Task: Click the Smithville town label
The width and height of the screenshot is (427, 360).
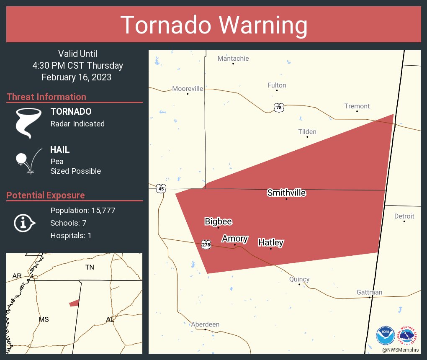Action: (286, 193)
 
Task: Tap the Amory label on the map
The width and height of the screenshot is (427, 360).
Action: (235, 239)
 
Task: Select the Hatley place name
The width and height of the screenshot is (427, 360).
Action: (271, 242)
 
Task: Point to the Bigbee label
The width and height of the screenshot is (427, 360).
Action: (218, 222)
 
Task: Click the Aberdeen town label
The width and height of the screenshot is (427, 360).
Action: (205, 324)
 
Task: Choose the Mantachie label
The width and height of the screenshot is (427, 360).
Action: (233, 59)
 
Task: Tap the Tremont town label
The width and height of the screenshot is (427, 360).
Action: (357, 106)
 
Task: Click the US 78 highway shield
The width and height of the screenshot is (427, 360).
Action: (279, 108)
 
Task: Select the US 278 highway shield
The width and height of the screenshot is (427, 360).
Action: (206, 244)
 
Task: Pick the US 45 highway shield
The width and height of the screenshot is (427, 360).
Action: (161, 189)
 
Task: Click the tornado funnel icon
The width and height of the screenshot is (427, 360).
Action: (28, 123)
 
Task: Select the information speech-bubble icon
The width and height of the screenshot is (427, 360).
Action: (25, 223)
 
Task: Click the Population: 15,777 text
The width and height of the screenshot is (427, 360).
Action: (82, 211)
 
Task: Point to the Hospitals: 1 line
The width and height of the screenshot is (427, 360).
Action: (71, 236)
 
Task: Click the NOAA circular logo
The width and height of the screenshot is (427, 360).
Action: (386, 335)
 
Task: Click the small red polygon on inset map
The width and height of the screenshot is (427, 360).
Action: (74, 303)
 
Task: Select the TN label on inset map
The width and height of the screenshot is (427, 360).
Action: (90, 267)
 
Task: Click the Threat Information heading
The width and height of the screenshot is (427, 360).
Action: (46, 97)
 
